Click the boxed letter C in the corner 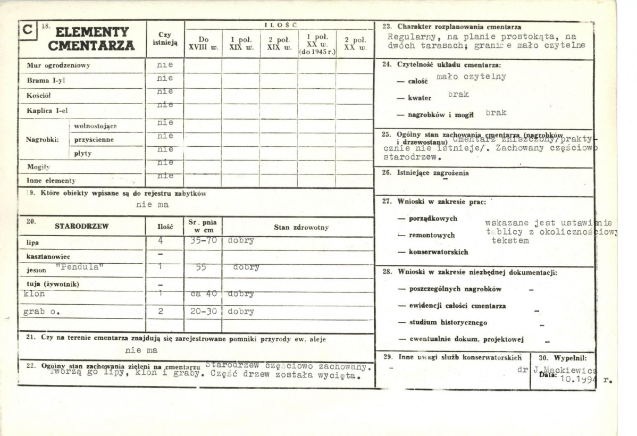pyautogui.click(x=27, y=30)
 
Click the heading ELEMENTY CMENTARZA pyautogui.click(x=91, y=39)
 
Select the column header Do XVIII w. pyautogui.click(x=204, y=43)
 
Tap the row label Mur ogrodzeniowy pyautogui.click(x=58, y=65)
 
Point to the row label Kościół pyautogui.click(x=38, y=96)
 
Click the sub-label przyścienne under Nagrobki pyautogui.click(x=94, y=140)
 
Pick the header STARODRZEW pyautogui.click(x=81, y=227)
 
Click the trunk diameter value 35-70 pyautogui.click(x=203, y=240)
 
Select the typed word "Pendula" pyautogui.click(x=77, y=267)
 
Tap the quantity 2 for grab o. pyautogui.click(x=161, y=312)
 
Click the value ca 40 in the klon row pyautogui.click(x=203, y=294)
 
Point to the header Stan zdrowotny pyautogui.click(x=301, y=227)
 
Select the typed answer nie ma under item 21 pyautogui.click(x=141, y=350)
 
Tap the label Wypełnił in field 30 pyautogui.click(x=570, y=358)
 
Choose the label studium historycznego pyautogui.click(x=448, y=322)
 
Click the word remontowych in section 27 pyautogui.click(x=432, y=235)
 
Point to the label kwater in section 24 pyautogui.click(x=420, y=98)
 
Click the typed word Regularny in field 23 pyautogui.click(x=410, y=37)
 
